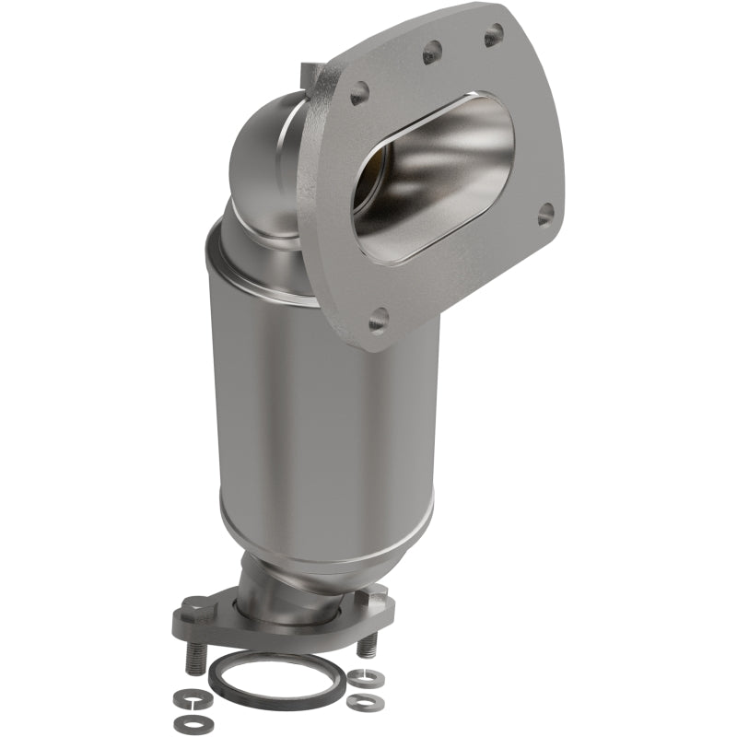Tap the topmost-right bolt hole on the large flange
tap(494, 36)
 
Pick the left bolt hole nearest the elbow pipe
tap(359, 92)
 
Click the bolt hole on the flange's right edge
tap(545, 214)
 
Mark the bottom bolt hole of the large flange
tap(378, 321)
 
